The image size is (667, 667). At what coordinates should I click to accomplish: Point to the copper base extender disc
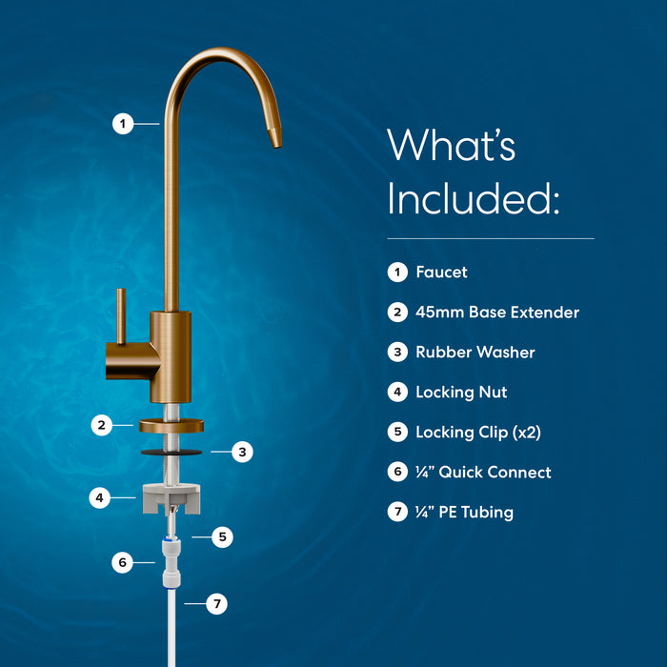(x=172, y=425)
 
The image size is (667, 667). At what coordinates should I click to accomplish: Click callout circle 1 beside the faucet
(x=122, y=123)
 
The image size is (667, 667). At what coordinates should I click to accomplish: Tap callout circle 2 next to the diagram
(x=102, y=425)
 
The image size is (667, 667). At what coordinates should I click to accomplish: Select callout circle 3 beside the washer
(x=242, y=453)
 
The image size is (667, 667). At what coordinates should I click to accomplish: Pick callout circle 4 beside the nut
(x=100, y=497)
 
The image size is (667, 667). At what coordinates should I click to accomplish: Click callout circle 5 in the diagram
(x=222, y=537)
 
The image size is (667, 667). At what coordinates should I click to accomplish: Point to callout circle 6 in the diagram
(x=122, y=562)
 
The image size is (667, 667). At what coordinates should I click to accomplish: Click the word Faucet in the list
(x=441, y=273)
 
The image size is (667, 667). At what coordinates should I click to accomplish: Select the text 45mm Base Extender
(x=496, y=313)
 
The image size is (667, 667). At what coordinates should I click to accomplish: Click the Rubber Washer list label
(x=475, y=353)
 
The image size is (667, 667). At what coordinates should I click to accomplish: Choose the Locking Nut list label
(x=461, y=393)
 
